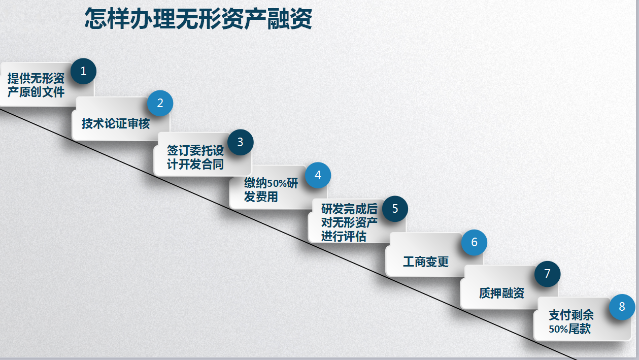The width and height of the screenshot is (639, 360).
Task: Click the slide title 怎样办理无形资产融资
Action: [x=198, y=19]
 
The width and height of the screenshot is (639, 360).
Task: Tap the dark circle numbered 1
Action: [x=83, y=71]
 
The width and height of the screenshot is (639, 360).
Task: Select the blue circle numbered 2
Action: [x=160, y=103]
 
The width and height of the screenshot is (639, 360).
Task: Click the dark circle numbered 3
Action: [x=240, y=142]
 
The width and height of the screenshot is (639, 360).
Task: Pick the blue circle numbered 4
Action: [x=318, y=175]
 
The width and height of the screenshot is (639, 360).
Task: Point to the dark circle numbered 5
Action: [x=395, y=209]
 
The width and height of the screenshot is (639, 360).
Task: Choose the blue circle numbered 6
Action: [x=474, y=242]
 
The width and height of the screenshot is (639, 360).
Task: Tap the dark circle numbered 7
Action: [x=547, y=274]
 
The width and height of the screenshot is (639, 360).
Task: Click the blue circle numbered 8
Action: [x=622, y=307]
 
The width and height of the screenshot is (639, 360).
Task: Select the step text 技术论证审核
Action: [x=116, y=123]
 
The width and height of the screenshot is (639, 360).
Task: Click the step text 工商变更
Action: [x=426, y=262]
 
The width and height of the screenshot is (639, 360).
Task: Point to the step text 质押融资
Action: [x=501, y=293]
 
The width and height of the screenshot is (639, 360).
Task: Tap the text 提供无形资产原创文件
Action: [x=36, y=85]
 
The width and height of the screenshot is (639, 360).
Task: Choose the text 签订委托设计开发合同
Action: [x=195, y=157]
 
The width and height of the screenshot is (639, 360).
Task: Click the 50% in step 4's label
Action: [x=277, y=184]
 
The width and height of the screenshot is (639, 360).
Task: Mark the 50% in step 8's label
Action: [x=559, y=329]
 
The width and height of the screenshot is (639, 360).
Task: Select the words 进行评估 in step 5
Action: [x=344, y=237]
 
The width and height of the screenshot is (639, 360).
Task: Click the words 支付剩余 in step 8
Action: [x=571, y=315]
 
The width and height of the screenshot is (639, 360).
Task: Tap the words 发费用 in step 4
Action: [x=261, y=197]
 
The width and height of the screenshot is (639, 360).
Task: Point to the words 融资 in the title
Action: [x=290, y=19]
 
